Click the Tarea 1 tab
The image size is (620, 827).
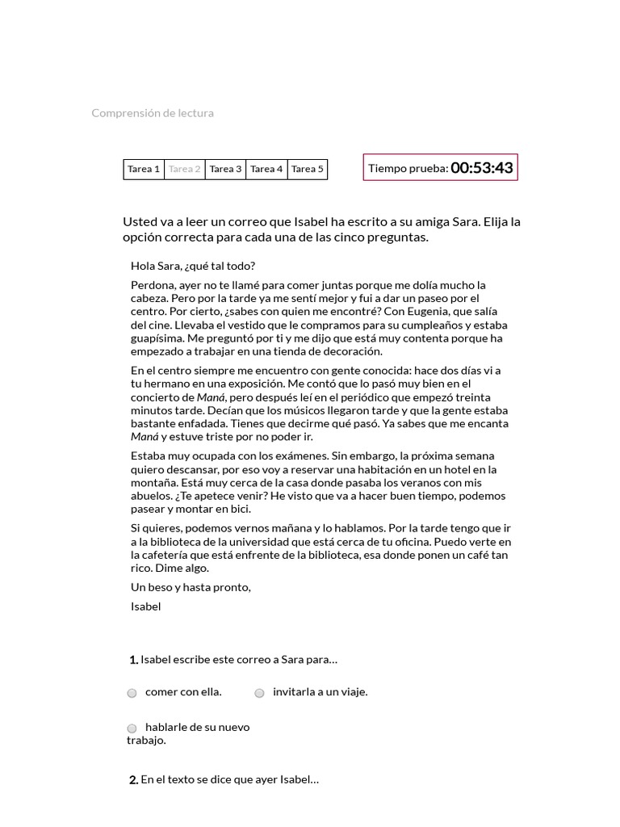[144, 169]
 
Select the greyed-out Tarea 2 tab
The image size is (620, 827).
[185, 169]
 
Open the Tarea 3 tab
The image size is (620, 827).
[225, 169]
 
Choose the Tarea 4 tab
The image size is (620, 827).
[266, 169]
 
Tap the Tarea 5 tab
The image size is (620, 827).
[308, 169]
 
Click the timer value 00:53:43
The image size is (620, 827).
[482, 168]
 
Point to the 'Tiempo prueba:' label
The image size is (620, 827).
[408, 168]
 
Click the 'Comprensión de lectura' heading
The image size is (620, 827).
[153, 113]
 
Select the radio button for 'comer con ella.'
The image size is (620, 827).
[132, 693]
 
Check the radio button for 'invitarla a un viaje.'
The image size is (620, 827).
[260, 693]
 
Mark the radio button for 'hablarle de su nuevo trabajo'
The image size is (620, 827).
[132, 728]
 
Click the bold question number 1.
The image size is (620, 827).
[133, 660]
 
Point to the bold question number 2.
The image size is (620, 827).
[133, 780]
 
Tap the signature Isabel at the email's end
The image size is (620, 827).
[146, 607]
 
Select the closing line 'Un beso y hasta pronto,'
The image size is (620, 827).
[191, 587]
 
